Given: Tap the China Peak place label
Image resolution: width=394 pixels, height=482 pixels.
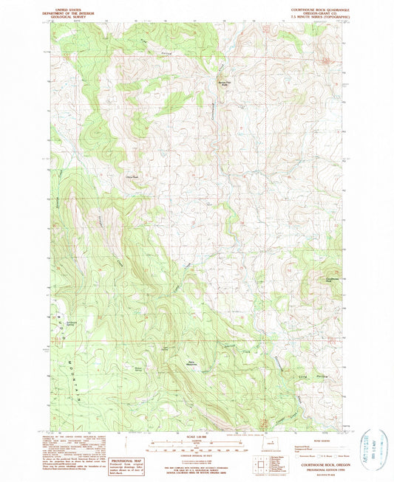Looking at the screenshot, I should [x=133, y=176].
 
